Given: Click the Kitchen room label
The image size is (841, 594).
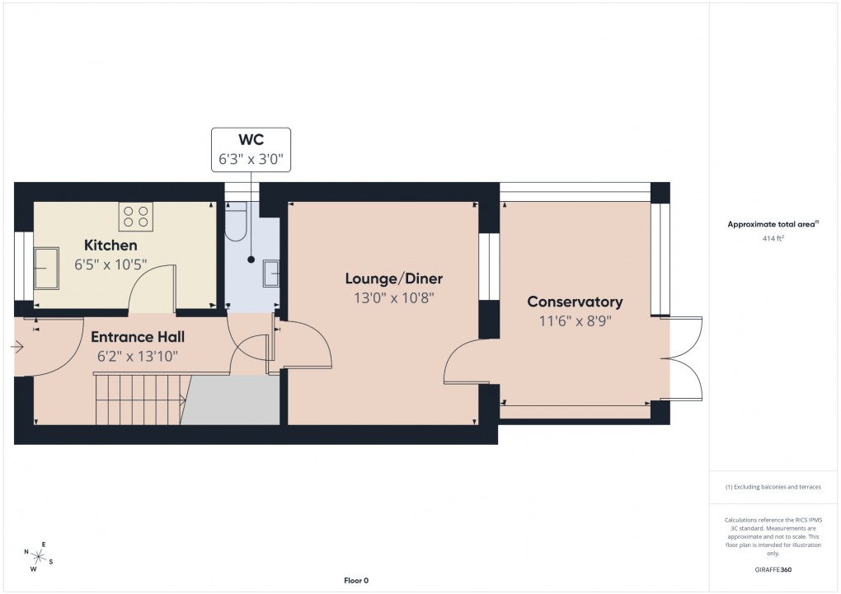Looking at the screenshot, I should pyautogui.click(x=110, y=246).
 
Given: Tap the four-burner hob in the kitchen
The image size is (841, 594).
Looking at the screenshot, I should pyautogui.click(x=136, y=217).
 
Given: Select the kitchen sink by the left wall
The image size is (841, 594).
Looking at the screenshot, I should pyautogui.click(x=45, y=268).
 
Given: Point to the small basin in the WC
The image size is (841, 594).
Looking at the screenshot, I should pyautogui.click(x=271, y=273).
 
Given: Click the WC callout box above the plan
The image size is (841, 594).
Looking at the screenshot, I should pyautogui.click(x=252, y=150).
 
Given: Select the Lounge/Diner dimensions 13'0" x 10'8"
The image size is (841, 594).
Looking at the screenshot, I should pyautogui.click(x=393, y=298).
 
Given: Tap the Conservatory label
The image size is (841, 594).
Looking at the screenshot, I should pyautogui.click(x=575, y=302).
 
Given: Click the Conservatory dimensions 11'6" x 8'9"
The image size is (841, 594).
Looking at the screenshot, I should pyautogui.click(x=575, y=321).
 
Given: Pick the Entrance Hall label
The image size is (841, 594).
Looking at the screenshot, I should pyautogui.click(x=137, y=337).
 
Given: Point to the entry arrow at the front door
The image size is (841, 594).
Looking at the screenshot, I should pyautogui.click(x=17, y=348).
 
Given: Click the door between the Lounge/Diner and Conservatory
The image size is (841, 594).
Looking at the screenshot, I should pyautogui.click(x=462, y=362).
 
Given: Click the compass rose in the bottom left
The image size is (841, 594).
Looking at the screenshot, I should pyautogui.click(x=39, y=556).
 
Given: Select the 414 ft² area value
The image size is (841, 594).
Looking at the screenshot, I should pyautogui.click(x=772, y=238).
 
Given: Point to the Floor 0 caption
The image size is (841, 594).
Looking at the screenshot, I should pyautogui.click(x=356, y=581).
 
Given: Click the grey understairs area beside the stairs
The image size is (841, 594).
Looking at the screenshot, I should pyautogui.click(x=231, y=400).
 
